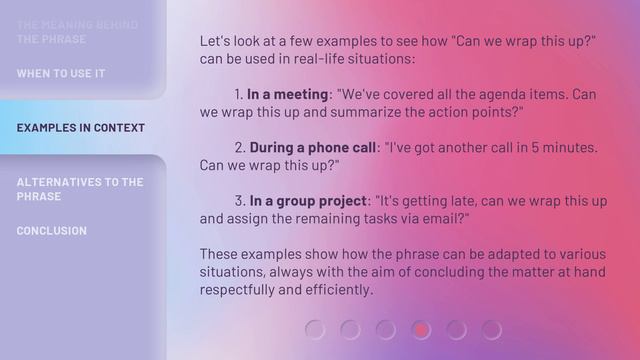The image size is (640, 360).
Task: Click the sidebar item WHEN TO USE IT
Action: click(60, 74)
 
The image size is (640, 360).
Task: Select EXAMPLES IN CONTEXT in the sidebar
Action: click(80, 128)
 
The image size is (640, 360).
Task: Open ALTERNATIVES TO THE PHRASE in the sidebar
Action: click(79, 189)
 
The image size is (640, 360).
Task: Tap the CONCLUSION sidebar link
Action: click(51, 231)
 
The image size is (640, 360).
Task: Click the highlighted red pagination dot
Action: click(421, 329)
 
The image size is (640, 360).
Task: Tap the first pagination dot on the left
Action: click(315, 329)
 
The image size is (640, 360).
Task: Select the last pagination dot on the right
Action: click(491, 329)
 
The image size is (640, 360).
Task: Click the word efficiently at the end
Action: click(339, 290)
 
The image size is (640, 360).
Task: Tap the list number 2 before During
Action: click(240, 147)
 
